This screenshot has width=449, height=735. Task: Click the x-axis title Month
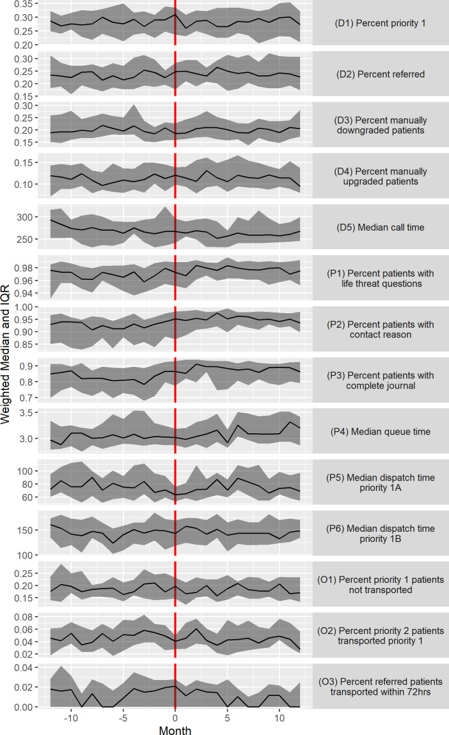[175, 730]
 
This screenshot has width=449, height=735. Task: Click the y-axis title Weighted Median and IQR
[5, 354]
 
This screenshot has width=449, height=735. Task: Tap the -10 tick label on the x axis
[70, 718]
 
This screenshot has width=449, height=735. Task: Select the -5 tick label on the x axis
[123, 718]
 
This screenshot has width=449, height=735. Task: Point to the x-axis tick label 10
[279, 718]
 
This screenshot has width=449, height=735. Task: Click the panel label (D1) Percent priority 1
[381, 23]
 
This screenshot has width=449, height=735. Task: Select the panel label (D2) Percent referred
[381, 74]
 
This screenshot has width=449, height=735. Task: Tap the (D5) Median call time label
[381, 228]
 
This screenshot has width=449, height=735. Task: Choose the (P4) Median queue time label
[381, 431]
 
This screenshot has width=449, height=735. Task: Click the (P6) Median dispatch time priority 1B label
[381, 534]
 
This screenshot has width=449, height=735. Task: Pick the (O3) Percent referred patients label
[381, 681]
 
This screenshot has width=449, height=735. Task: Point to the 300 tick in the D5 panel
[25, 217]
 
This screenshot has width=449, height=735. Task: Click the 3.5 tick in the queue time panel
[26, 414]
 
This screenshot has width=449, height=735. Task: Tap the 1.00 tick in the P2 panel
[24, 307]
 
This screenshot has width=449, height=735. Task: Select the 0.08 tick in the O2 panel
[24, 617]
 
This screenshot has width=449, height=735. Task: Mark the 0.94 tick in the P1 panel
[24, 294]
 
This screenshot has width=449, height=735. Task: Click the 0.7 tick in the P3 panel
[26, 398]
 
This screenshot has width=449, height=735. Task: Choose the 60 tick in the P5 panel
[28, 498]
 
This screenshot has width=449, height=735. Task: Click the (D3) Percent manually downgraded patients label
[381, 125]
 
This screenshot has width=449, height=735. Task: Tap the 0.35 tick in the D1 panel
[24, 4]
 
